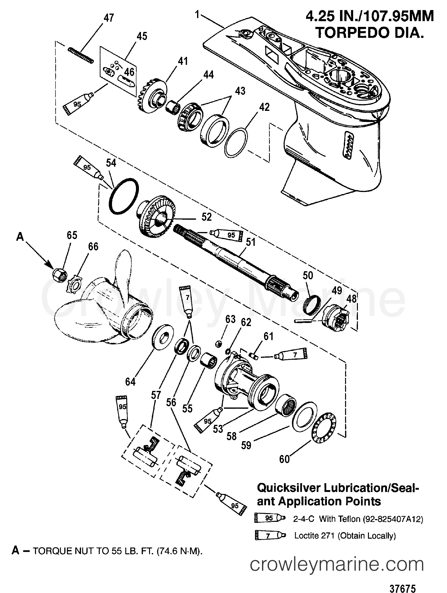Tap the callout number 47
108,18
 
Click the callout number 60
284,459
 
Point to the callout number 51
250,242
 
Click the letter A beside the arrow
20,237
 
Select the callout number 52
206,217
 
